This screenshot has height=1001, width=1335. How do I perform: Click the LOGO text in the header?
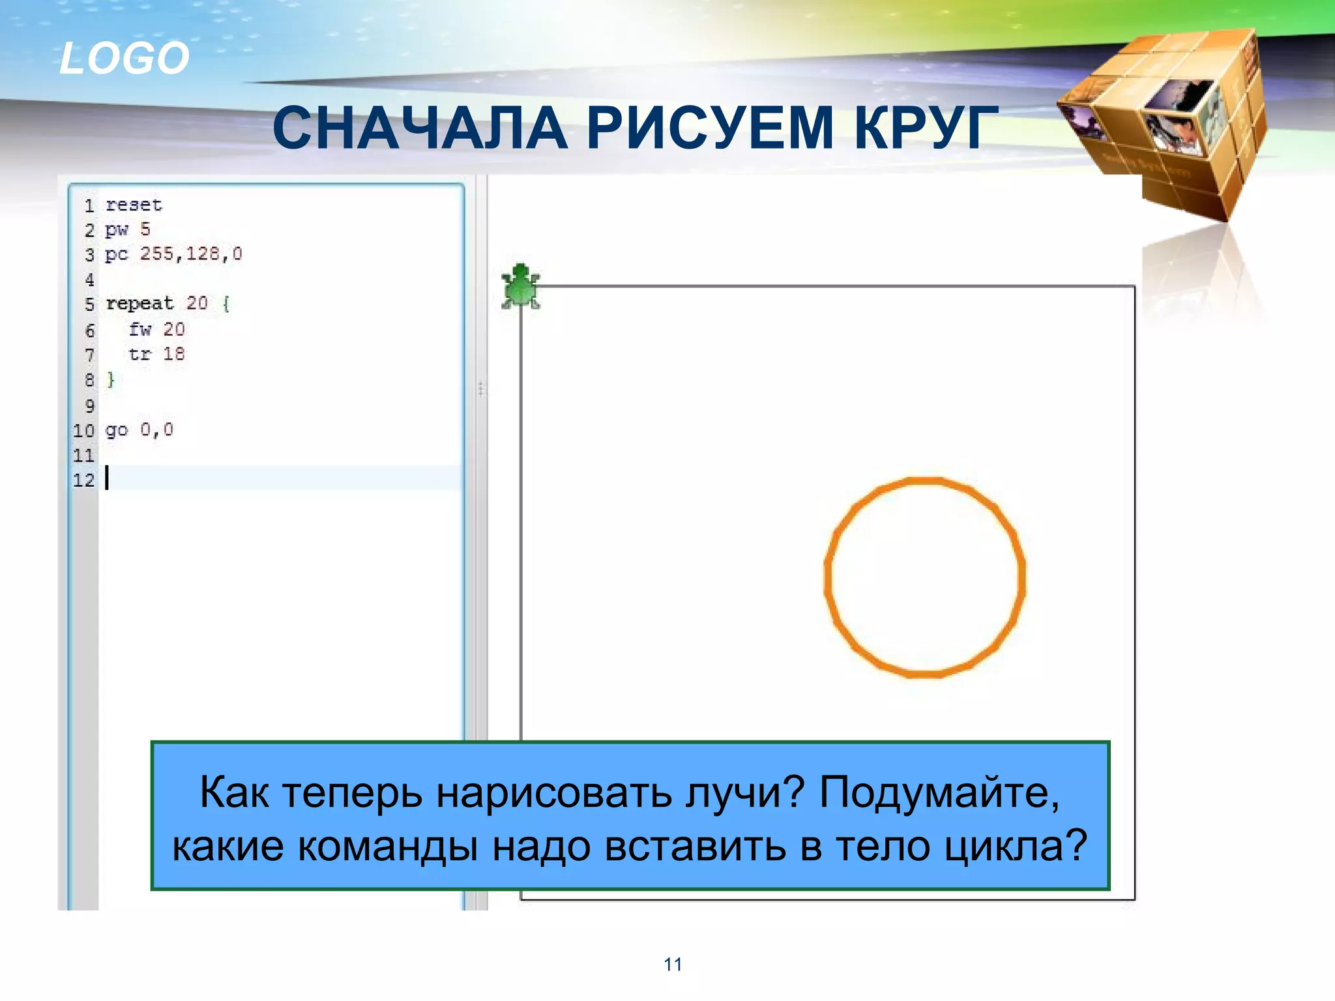(124, 58)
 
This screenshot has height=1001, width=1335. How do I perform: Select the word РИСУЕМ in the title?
(710, 128)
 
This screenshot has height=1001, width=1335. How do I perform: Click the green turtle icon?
(520, 287)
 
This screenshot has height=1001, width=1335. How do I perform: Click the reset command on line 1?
(134, 205)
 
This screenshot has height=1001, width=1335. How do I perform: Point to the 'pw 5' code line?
(128, 229)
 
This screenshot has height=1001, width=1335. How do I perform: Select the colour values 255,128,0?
(191, 254)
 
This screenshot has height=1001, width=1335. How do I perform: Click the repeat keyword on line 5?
(139, 304)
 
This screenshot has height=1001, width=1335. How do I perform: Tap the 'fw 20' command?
(156, 330)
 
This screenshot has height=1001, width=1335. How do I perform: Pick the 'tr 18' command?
(156, 355)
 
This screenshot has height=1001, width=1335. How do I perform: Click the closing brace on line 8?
(111, 379)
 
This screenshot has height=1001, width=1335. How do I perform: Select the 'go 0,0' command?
(139, 430)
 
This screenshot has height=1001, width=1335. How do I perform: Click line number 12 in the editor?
(83, 481)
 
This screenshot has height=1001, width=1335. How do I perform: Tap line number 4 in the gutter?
(89, 280)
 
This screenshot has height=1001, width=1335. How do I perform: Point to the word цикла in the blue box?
(1016, 846)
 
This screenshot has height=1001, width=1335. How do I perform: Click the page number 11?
(673, 964)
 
